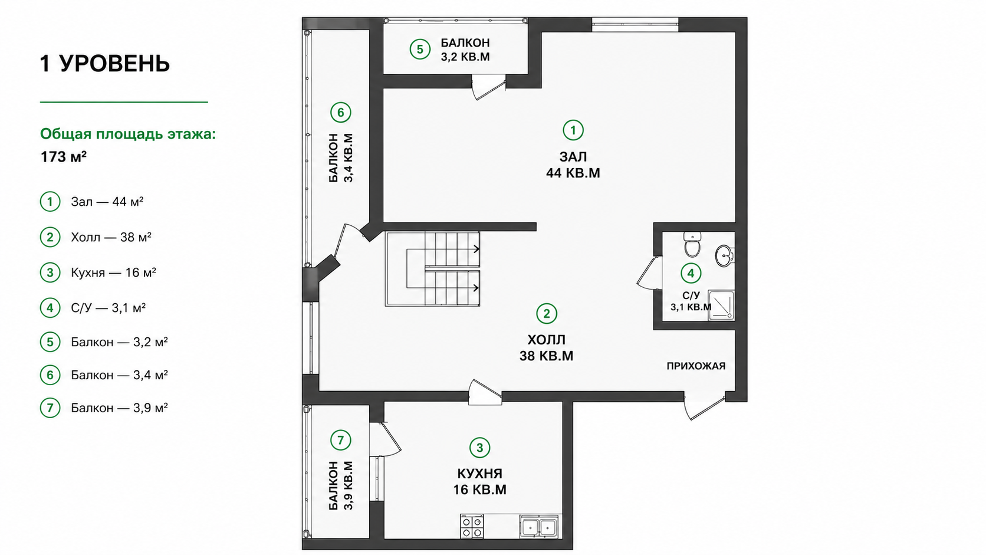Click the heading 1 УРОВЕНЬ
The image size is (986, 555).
[105, 64]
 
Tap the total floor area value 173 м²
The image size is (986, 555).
[63, 157]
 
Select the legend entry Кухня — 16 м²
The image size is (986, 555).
[114, 273]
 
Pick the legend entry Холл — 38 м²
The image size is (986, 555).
[111, 238]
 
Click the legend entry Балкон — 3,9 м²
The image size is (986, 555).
[119, 408]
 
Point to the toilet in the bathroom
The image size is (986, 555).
[692, 245]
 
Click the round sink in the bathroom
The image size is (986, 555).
[724, 256]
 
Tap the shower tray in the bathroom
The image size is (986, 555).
[721, 304]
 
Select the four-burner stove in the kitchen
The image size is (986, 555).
[472, 526]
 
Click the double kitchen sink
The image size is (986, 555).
[539, 526]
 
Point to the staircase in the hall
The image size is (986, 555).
[432, 269]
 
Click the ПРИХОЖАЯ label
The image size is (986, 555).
[696, 366]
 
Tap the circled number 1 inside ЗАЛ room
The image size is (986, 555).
[573, 130]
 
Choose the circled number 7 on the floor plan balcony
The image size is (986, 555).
[341, 440]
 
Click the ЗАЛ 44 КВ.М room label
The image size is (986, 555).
[573, 165]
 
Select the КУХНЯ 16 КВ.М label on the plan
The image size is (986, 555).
[480, 481]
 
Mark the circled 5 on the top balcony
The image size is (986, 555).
[419, 50]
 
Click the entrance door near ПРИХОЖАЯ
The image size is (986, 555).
[704, 407]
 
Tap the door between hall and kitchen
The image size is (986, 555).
[485, 392]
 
